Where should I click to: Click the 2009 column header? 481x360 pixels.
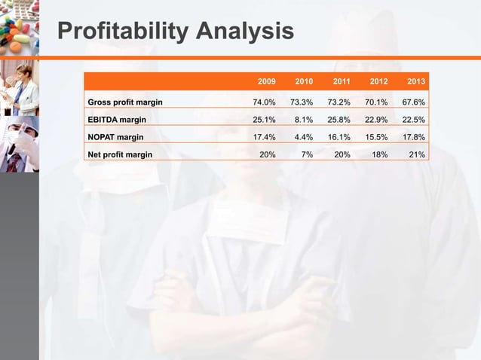click(266, 81)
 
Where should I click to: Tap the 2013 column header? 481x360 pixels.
click(415, 81)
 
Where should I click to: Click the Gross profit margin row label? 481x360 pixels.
click(125, 102)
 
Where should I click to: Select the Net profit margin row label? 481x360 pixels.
click(120, 154)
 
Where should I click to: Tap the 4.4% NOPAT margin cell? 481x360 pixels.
click(304, 137)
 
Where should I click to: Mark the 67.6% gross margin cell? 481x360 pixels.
click(413, 102)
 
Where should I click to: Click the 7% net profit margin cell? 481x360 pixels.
click(306, 154)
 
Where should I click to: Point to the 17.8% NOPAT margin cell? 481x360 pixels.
click(413, 137)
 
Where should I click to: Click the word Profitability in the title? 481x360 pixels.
click(121, 32)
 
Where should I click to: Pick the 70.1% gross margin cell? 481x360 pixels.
click(375, 102)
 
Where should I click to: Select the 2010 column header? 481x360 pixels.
click(304, 81)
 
